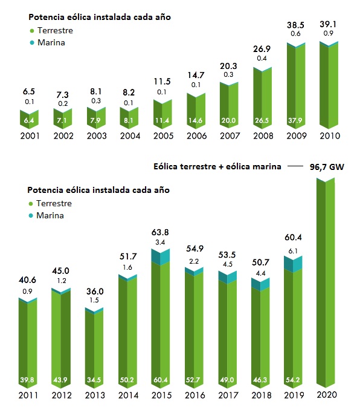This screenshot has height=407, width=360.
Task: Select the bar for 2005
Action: pyautogui.click(x=161, y=112)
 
